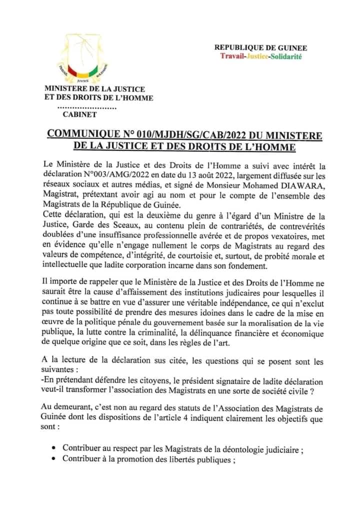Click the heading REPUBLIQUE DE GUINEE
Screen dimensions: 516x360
point(260,48)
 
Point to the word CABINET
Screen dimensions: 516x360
point(80,115)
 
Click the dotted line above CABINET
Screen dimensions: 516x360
point(87,107)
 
